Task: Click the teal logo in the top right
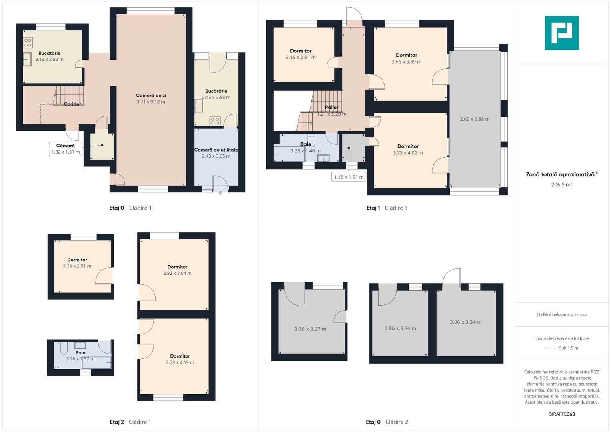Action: (x=562, y=33)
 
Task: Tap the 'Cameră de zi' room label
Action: (x=151, y=96)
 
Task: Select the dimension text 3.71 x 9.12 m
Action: (x=151, y=102)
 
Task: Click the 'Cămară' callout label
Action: (x=66, y=146)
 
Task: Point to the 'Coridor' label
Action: (x=72, y=104)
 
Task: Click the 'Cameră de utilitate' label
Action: (x=216, y=150)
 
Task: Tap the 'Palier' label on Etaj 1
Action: (x=331, y=107)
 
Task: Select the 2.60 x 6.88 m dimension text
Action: (x=475, y=119)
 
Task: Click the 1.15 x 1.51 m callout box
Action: (x=349, y=177)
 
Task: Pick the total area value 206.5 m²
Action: (x=562, y=184)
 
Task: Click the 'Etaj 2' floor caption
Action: (x=117, y=422)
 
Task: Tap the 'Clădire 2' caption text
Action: (x=397, y=422)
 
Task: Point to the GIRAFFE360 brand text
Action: (x=562, y=414)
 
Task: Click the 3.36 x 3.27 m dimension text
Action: (x=310, y=329)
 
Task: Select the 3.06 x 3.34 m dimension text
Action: (x=466, y=322)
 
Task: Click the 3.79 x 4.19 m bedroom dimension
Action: (x=180, y=362)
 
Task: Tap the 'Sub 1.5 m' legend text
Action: (x=569, y=348)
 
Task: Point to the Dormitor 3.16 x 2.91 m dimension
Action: (x=77, y=266)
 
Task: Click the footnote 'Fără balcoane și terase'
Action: (x=562, y=314)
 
